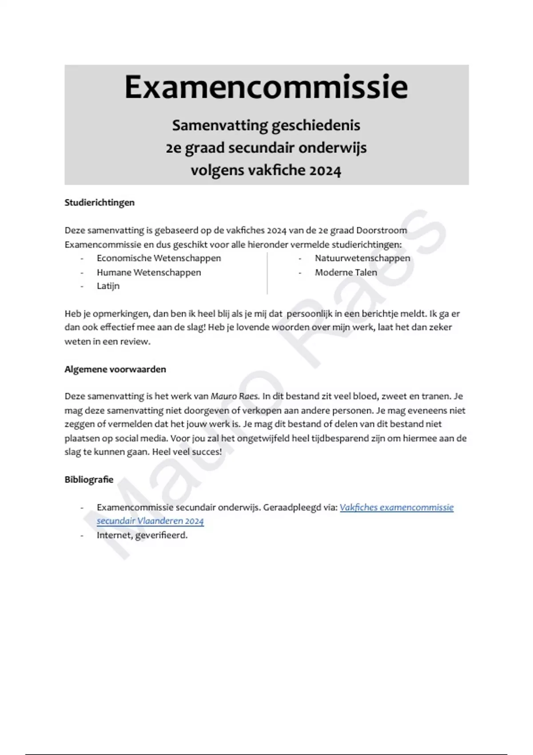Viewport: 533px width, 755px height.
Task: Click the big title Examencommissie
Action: pos(266,87)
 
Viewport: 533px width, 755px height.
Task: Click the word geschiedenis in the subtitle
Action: pos(315,126)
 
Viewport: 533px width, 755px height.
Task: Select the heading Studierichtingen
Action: pos(99,203)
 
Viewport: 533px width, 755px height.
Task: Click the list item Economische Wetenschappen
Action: pos(159,258)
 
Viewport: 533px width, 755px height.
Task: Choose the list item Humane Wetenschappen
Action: pos(149,272)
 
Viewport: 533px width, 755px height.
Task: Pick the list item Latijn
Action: pos(108,286)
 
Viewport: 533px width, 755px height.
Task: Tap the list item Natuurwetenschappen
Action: pos(362,258)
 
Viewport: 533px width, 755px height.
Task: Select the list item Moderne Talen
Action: pos(346,272)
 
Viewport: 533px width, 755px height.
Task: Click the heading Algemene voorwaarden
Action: pos(115,369)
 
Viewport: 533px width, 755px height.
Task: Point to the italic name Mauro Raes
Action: pos(235,396)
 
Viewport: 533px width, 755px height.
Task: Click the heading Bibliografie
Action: pos(89,480)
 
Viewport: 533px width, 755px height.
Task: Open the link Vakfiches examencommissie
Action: pos(396,507)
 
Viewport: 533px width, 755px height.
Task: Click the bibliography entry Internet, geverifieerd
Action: pos(142,535)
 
